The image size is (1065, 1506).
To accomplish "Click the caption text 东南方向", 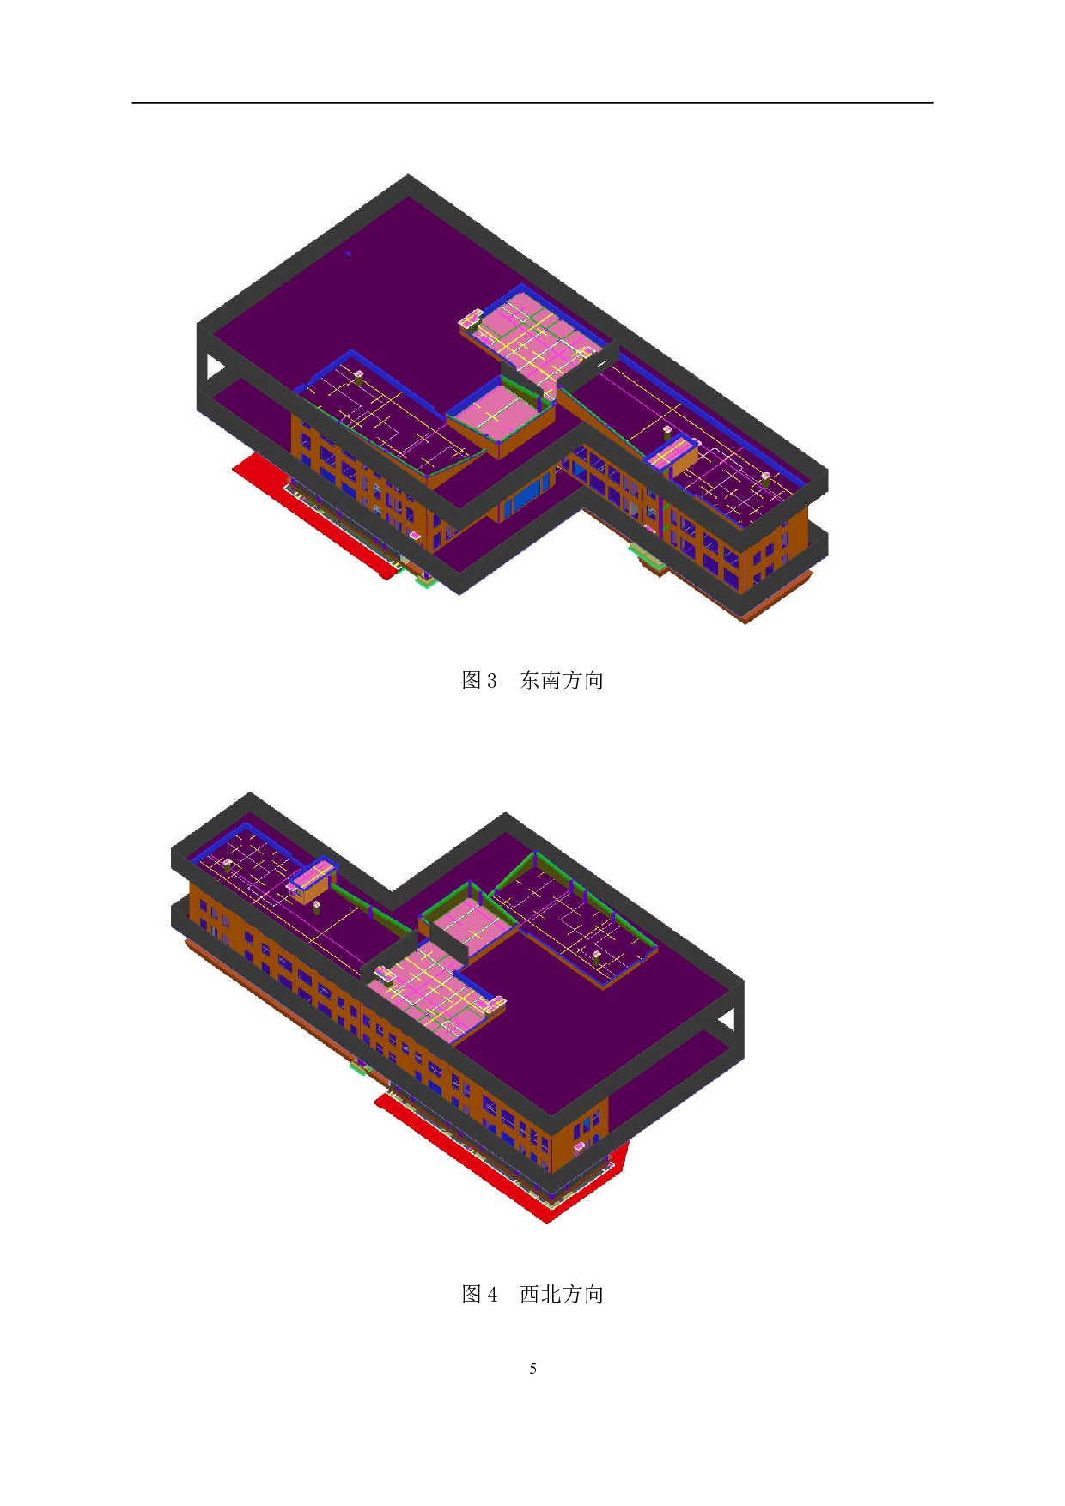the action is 562,681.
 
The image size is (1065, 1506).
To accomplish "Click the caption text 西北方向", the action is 562,1295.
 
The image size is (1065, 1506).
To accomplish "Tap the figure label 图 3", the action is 479,681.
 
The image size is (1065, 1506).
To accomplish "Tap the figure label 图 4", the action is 479,1295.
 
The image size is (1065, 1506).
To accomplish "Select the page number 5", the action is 533,1369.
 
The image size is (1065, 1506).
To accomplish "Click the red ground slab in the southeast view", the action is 309,515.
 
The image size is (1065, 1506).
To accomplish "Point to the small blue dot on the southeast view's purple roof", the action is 348,253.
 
